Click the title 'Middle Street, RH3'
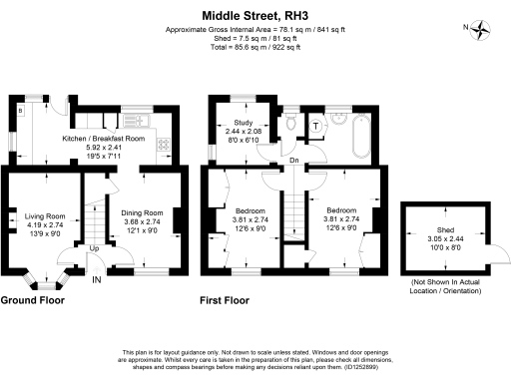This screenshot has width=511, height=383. [255, 16]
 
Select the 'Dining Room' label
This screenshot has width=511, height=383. [142, 213]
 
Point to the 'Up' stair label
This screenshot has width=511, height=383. [94, 248]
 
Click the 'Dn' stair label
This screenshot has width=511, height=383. [293, 160]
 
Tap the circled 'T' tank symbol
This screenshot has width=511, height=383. [315, 126]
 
